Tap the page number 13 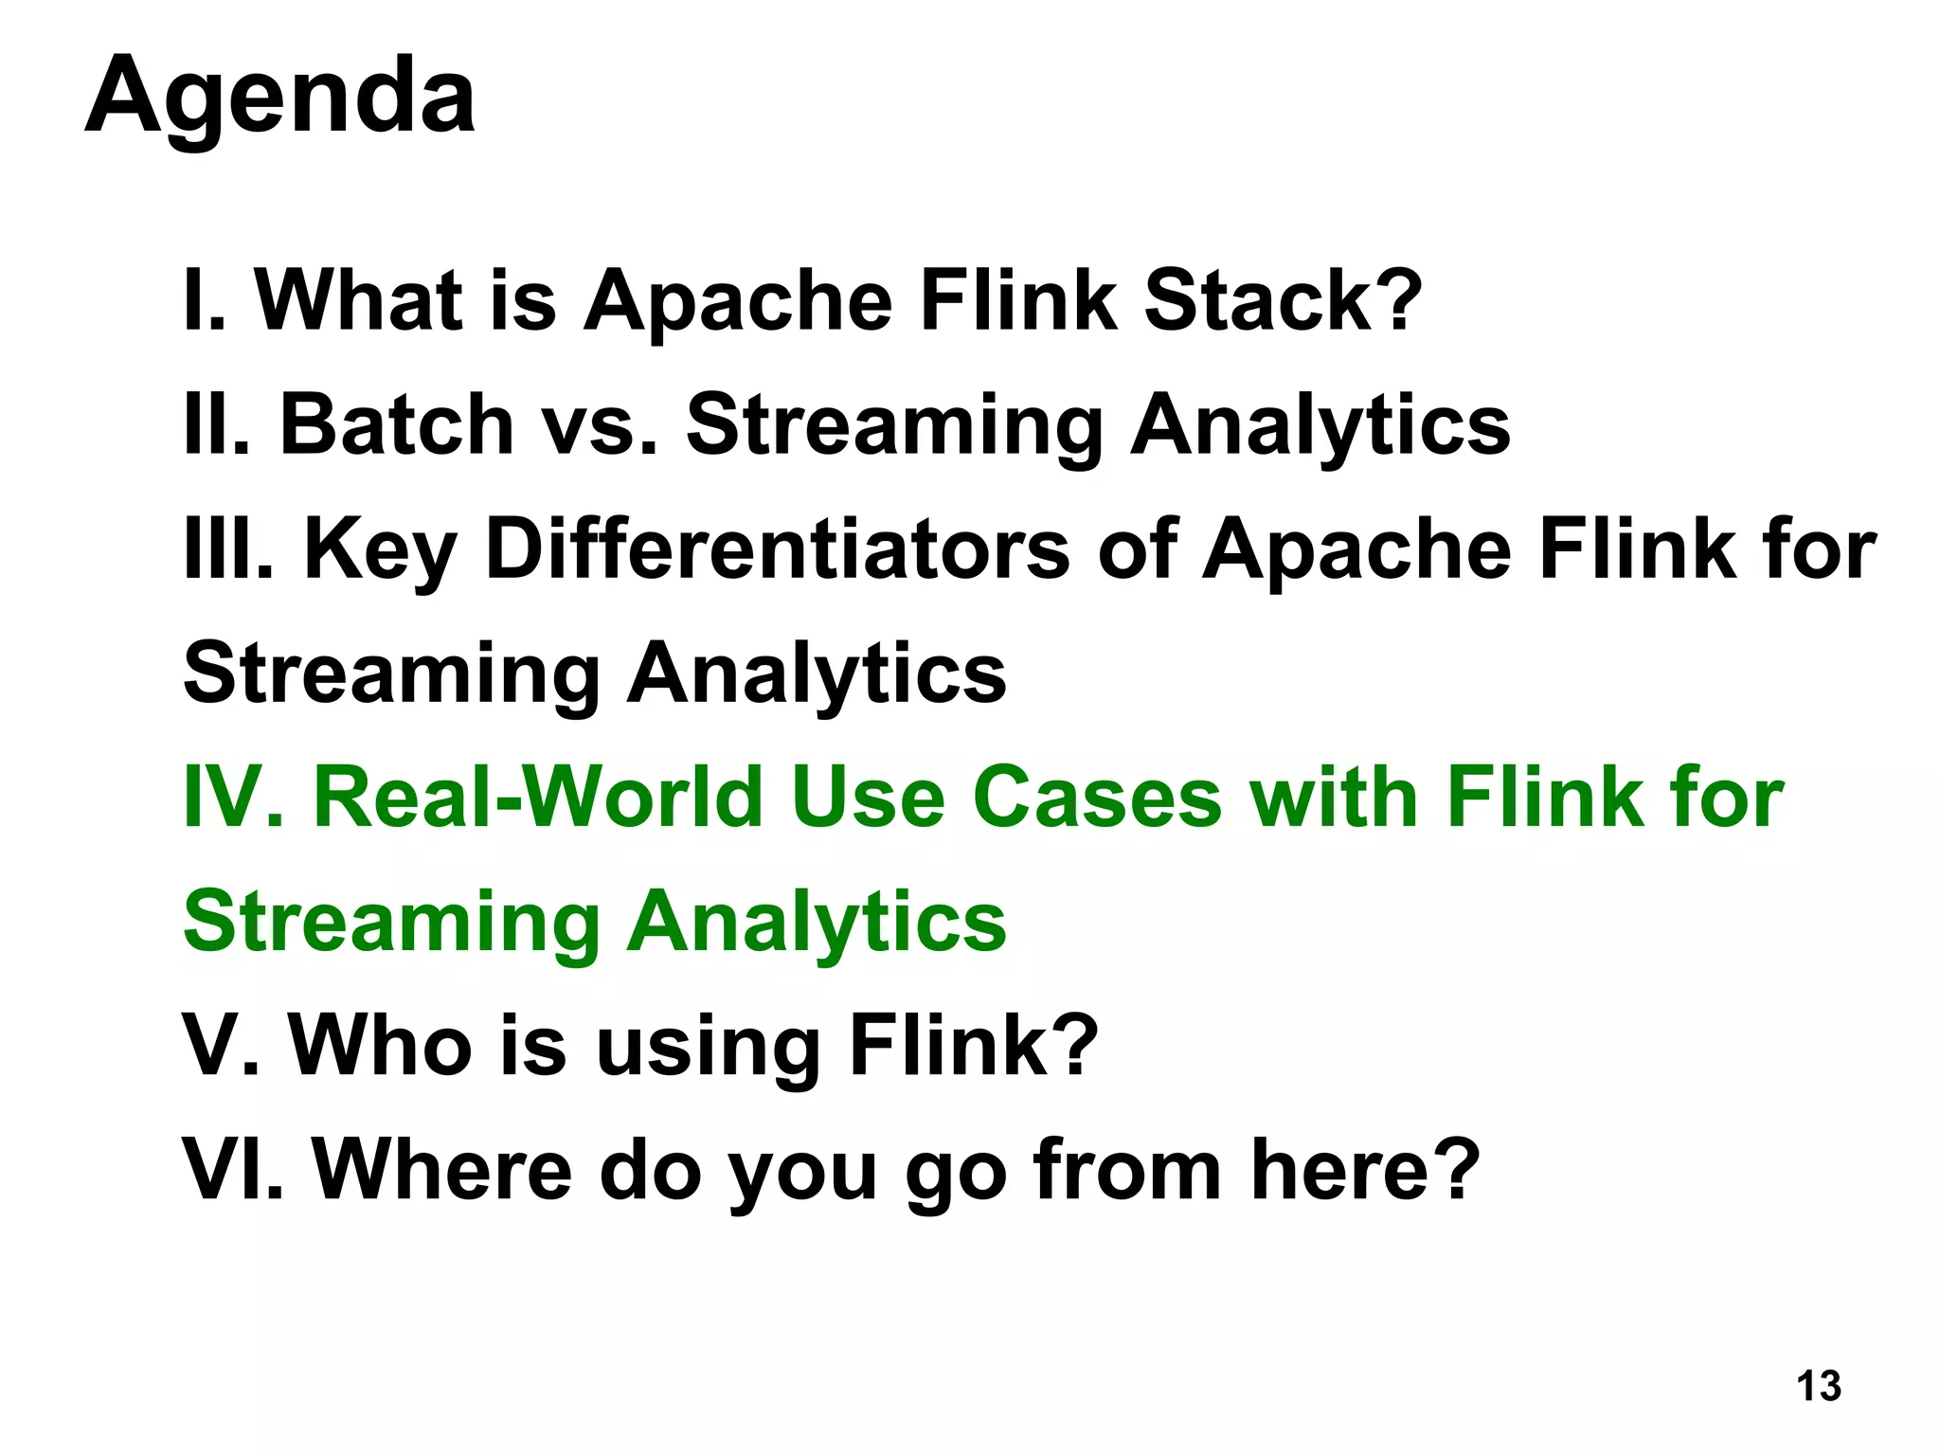point(1818,1386)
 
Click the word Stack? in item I point(1284,300)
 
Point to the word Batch point(396,424)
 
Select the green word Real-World point(537,797)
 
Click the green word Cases point(1097,797)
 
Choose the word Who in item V point(380,1045)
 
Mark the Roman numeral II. point(217,424)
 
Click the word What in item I point(359,300)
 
